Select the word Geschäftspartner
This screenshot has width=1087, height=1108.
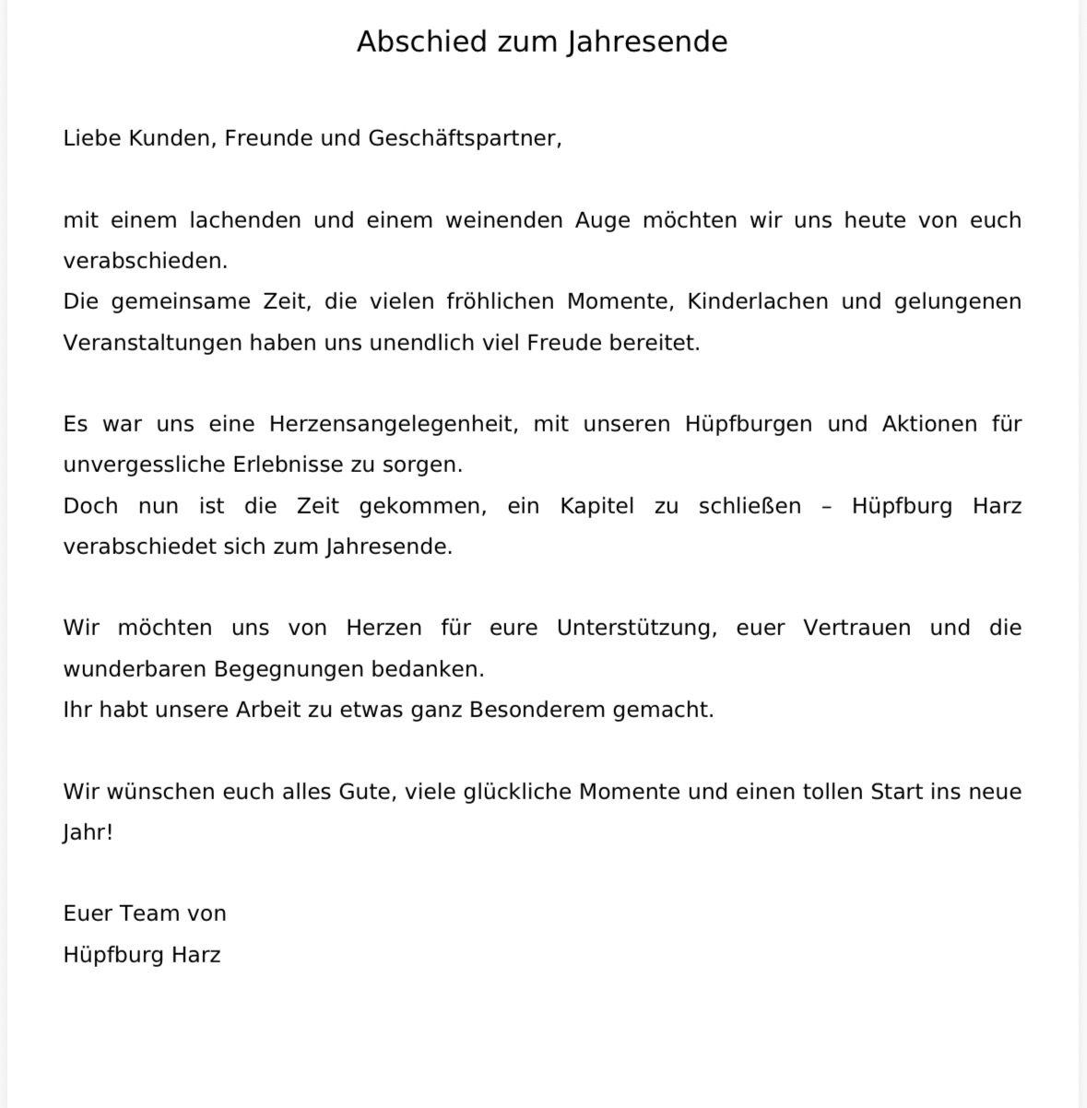coord(464,139)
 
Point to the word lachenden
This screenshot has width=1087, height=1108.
coord(245,220)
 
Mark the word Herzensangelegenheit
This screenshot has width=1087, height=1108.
coord(388,424)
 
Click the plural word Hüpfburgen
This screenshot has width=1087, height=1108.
coord(749,424)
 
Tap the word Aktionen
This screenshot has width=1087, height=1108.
coord(929,424)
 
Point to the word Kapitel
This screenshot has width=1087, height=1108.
coord(597,506)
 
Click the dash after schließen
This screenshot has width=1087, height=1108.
coord(826,506)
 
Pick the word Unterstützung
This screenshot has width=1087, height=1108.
coord(636,628)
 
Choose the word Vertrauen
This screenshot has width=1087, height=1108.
coord(857,628)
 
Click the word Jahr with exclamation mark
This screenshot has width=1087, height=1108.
coord(88,832)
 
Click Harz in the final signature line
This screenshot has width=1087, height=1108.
coord(195,954)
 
